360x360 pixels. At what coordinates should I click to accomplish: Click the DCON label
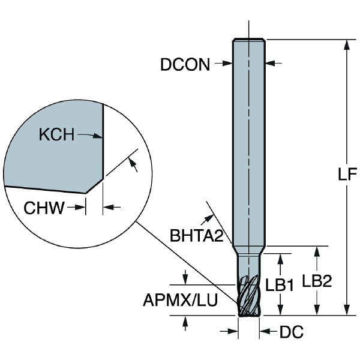185,65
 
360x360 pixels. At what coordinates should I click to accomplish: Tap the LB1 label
280,287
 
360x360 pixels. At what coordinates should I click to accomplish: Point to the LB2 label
316,282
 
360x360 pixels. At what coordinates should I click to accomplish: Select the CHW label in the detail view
44,208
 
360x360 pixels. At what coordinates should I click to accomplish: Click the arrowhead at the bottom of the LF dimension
346,310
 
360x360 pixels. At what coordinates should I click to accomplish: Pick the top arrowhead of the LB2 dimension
316,251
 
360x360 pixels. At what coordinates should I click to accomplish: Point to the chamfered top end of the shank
248,40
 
